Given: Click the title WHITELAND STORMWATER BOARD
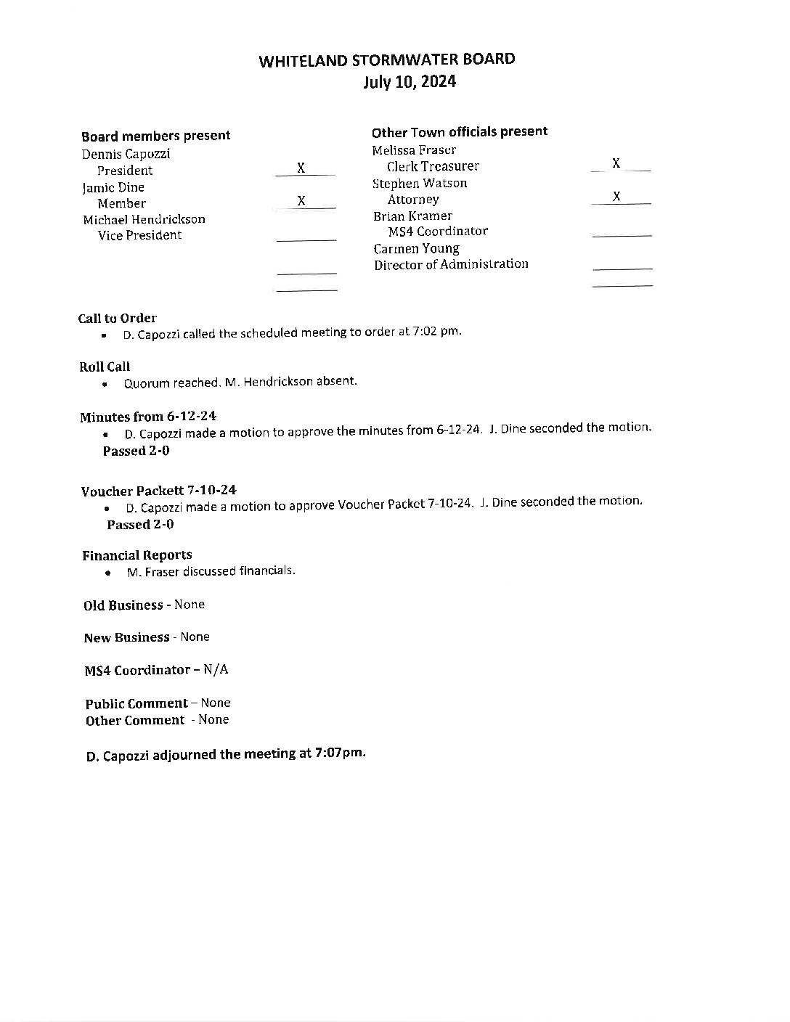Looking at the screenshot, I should [387, 60].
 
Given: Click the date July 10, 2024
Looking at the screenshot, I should [410, 82].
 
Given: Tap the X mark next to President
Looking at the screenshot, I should [301, 168].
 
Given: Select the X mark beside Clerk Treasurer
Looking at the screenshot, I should [616, 163].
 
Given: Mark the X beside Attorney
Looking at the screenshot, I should [616, 196].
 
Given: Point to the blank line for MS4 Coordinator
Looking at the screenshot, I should [622, 234].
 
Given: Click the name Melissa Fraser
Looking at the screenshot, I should [414, 150].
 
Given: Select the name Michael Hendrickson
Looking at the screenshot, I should [144, 219].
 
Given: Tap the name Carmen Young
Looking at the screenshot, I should [416, 248].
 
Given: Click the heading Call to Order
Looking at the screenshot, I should [118, 318].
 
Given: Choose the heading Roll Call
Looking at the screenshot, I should [105, 367].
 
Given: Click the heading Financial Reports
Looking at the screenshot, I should [137, 555].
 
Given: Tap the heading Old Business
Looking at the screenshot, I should [123, 605].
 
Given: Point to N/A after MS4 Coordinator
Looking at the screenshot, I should [216, 669].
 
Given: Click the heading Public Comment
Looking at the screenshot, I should [137, 703].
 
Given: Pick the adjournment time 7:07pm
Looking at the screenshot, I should [341, 753].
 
